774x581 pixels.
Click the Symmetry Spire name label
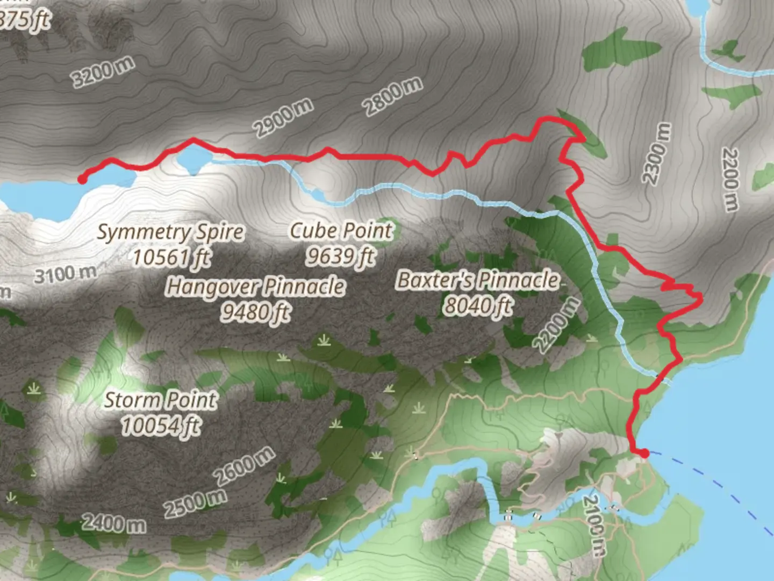[x=170, y=232]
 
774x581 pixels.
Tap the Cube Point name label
[x=341, y=230]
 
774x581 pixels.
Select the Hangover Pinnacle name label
[x=255, y=286]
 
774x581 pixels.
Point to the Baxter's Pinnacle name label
[x=478, y=280]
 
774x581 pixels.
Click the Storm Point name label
[x=161, y=400]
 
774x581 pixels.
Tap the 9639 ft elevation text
[x=341, y=256]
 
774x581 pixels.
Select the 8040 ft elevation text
[x=478, y=305]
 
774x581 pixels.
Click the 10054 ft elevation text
[x=161, y=426]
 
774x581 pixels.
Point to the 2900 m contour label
[x=283, y=118]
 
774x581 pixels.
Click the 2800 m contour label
[x=393, y=96]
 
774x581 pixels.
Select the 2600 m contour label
[x=245, y=466]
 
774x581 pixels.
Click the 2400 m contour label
[x=113, y=522]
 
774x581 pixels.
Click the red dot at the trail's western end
[x=82, y=179]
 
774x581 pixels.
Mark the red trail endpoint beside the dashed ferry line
[x=644, y=453]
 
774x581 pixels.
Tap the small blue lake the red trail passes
[x=194, y=158]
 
